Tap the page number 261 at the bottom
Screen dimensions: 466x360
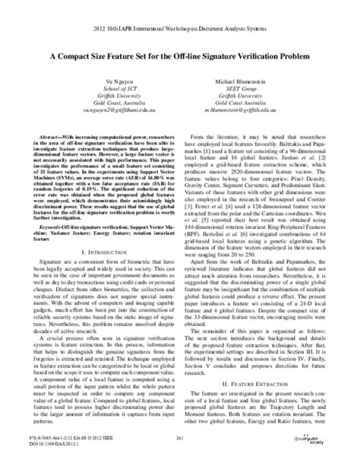pyautogui.click(x=179, y=439)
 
